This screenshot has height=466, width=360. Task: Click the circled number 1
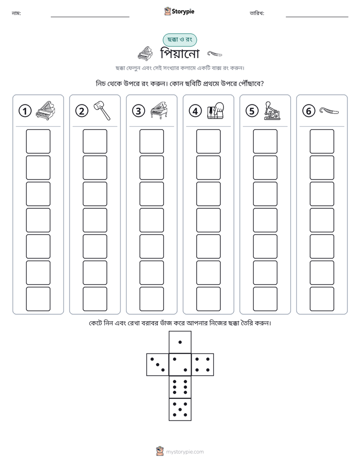coord(25,111)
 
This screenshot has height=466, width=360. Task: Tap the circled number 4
coord(195,111)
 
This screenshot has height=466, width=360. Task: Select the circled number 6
coord(309,111)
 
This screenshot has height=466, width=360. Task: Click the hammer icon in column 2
coord(102,110)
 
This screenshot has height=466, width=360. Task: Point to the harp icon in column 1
coord(45,110)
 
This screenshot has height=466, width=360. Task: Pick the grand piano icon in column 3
coord(159,110)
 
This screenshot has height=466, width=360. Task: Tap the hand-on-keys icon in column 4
coord(216,111)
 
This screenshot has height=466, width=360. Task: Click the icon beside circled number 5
coord(272,111)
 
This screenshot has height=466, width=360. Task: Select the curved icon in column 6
coord(329,111)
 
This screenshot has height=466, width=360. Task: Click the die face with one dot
coord(180,342)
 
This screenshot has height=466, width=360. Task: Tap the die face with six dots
coord(180,387)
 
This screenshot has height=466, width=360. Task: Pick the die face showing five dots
coord(180,409)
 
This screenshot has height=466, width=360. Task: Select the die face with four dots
coord(202,365)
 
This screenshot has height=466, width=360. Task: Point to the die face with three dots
coord(158,365)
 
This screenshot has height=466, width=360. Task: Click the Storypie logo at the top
coord(179,11)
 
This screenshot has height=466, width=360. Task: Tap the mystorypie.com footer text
coord(185,452)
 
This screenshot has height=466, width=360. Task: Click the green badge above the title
coord(179,40)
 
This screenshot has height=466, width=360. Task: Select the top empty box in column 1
coord(38,141)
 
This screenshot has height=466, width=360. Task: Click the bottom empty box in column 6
coord(322,299)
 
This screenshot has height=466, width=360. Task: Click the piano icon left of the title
coord(145,53)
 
